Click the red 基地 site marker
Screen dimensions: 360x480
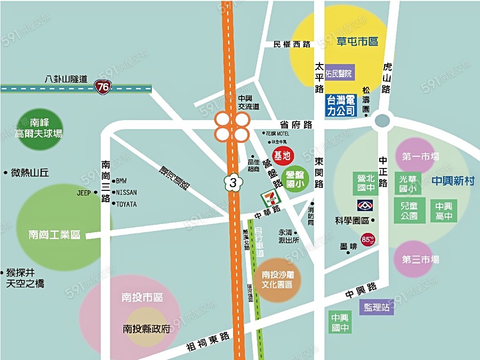(x=282, y=156)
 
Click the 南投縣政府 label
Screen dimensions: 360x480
(x=147, y=329)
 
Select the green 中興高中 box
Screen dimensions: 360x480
(x=444, y=211)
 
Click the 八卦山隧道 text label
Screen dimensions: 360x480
(x=66, y=78)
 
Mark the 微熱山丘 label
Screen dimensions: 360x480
(x=30, y=173)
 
